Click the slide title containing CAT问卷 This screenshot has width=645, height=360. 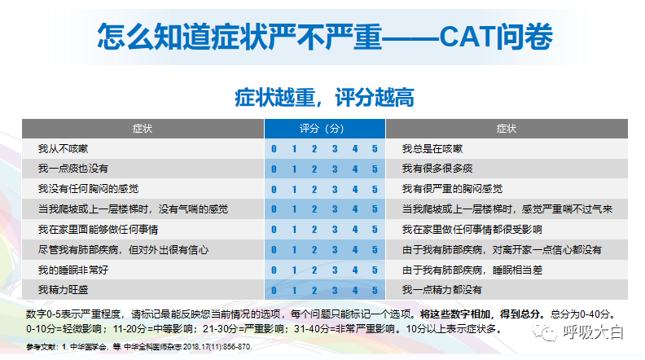[325, 37]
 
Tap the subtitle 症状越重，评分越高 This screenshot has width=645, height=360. [325, 98]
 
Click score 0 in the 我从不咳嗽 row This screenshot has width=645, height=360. [274, 149]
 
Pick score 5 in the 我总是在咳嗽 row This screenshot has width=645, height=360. [375, 149]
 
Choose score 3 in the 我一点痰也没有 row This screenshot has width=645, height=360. [335, 169]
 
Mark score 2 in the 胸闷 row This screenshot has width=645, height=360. [314, 190]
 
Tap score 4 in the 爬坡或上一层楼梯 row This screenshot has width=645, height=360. [355, 209]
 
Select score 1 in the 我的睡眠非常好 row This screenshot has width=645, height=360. [294, 270]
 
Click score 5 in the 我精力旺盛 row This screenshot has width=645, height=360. [375, 291]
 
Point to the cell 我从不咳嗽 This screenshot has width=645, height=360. [63, 149]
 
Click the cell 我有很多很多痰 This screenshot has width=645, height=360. [437, 169]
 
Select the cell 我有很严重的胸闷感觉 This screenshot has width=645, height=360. [452, 189]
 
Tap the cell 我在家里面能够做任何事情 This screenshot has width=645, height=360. [98, 230]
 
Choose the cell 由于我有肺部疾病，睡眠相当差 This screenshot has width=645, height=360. [472, 270]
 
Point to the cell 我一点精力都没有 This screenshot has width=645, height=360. [441, 290]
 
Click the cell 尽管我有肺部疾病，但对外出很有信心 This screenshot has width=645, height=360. [123, 250]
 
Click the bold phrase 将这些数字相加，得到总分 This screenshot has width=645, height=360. [480, 314]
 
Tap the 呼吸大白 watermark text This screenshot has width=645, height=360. [594, 332]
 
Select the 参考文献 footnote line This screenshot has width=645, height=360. [139, 347]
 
